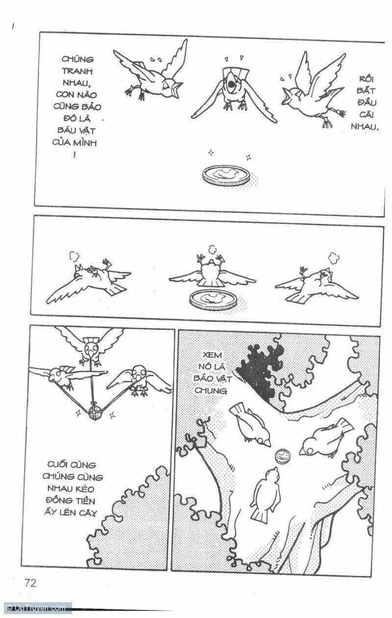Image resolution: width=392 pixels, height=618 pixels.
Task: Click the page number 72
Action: click(30, 584)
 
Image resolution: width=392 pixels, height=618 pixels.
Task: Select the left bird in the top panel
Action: click(149, 74)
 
